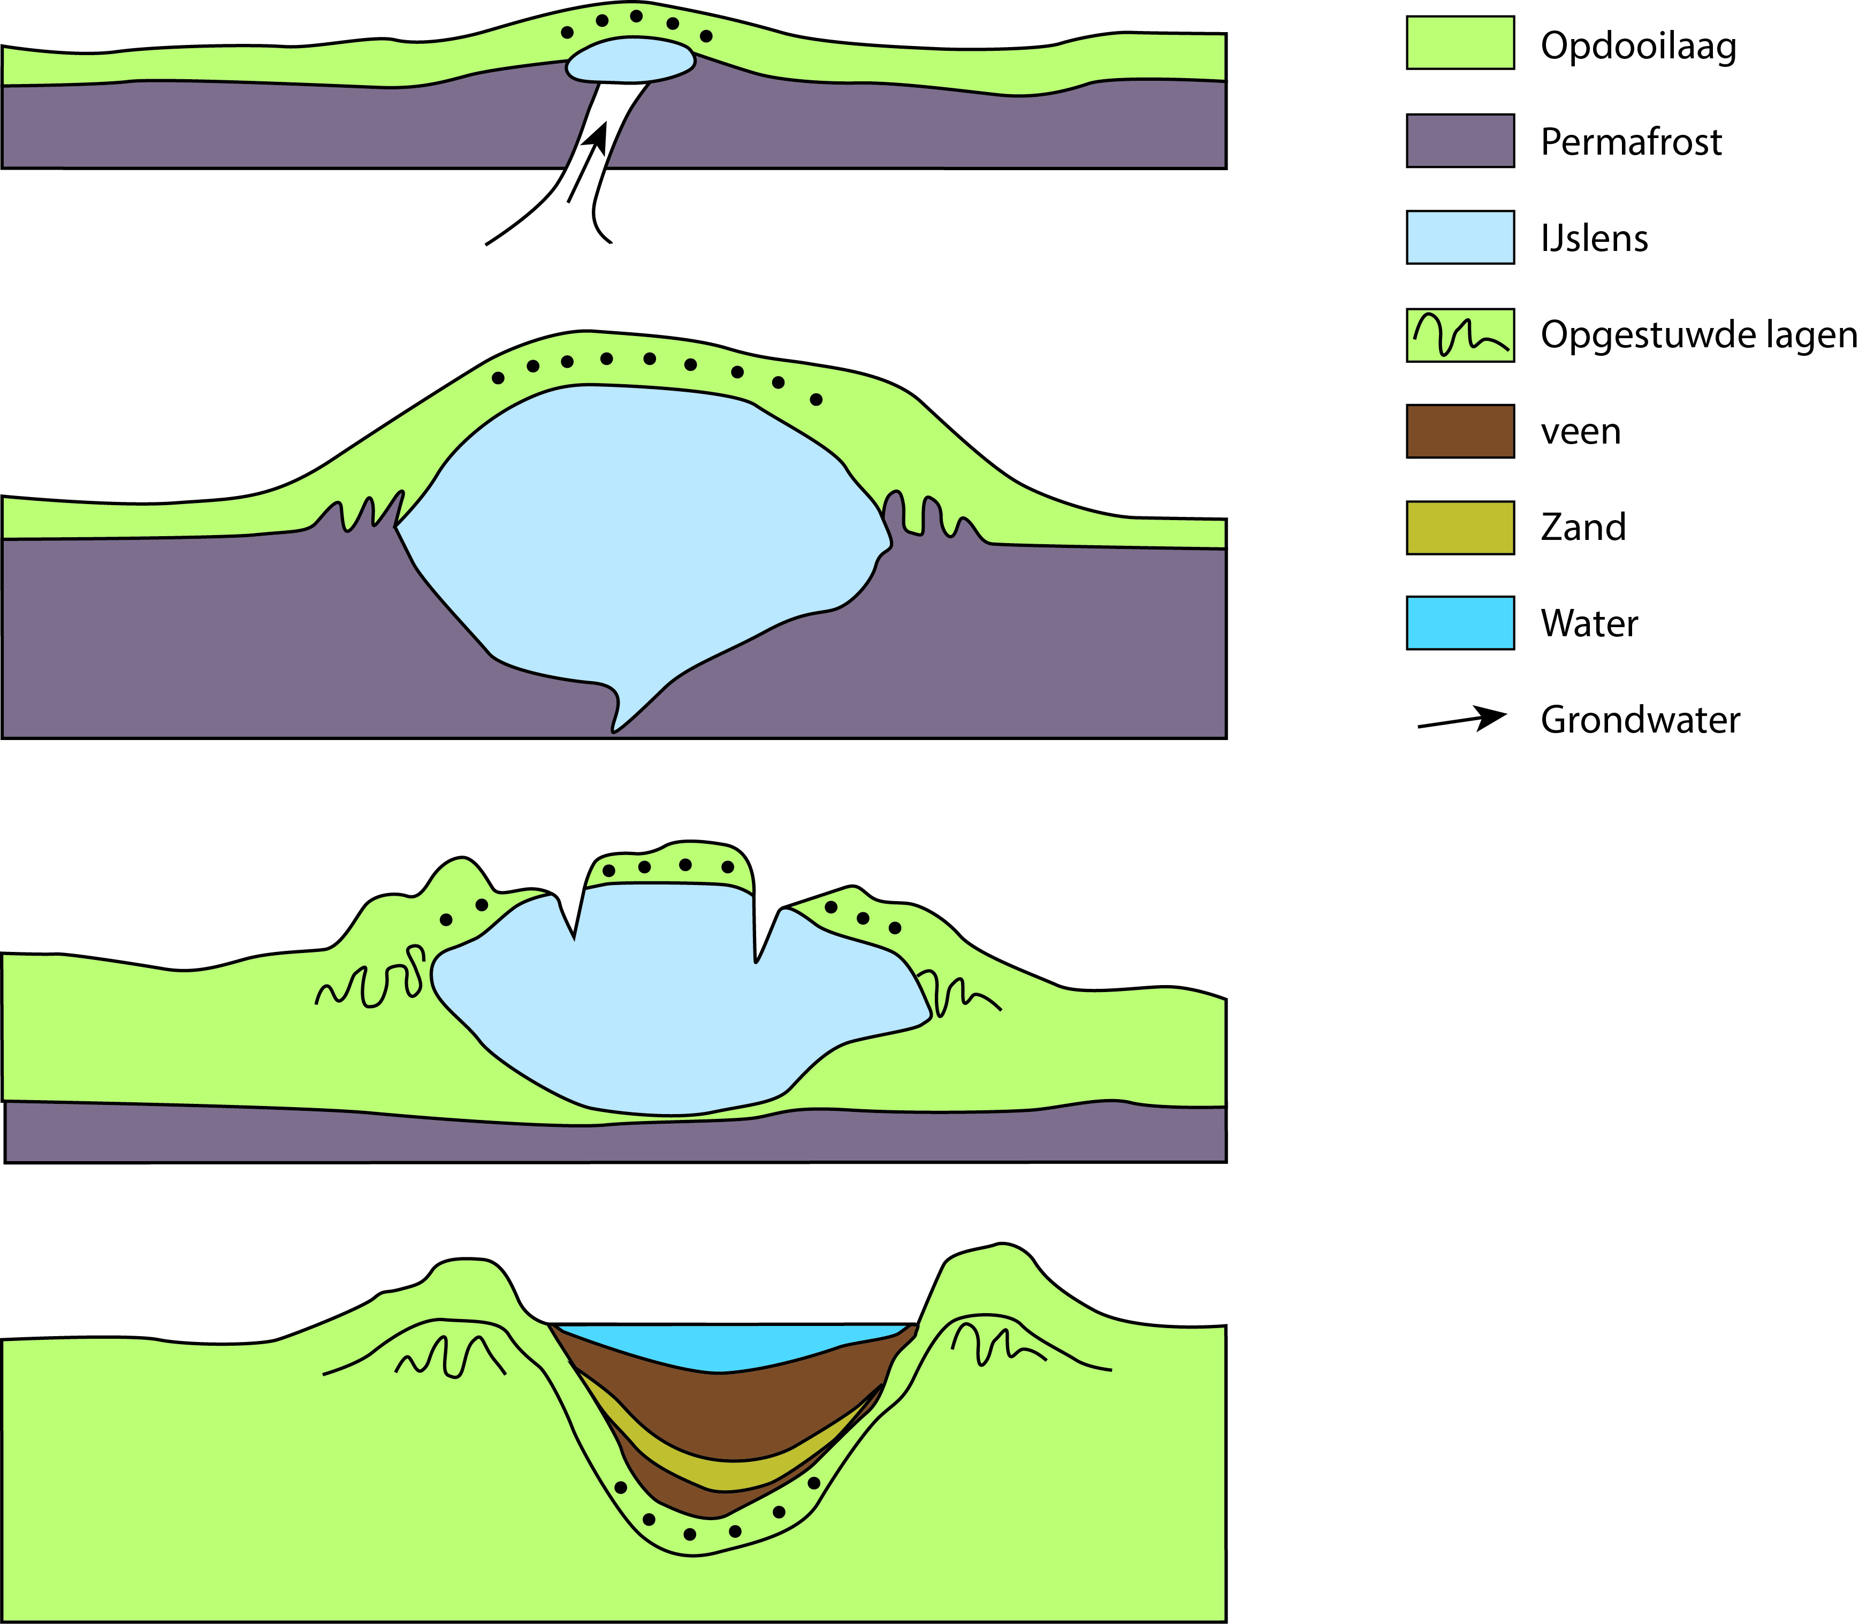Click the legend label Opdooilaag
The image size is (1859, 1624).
tap(1638, 45)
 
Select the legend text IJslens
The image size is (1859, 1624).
tap(1594, 238)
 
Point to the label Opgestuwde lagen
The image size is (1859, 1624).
tap(1698, 334)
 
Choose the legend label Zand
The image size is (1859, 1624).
tap(1582, 527)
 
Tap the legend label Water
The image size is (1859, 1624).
tap(1589, 623)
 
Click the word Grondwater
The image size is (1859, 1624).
tap(1640, 720)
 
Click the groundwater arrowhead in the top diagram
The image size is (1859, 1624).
tap(597, 138)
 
